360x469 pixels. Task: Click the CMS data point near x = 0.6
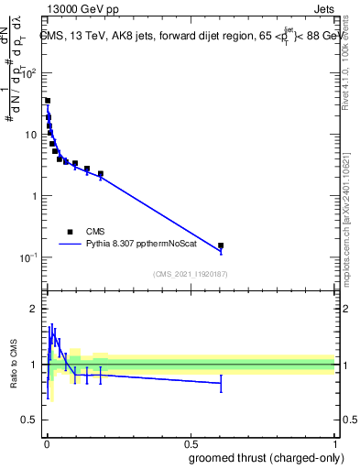[x=221, y=245]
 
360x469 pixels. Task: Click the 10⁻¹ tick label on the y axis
[x=29, y=257]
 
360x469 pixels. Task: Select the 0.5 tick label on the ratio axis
[x=29, y=421]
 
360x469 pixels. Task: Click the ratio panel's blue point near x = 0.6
[x=221, y=383]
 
